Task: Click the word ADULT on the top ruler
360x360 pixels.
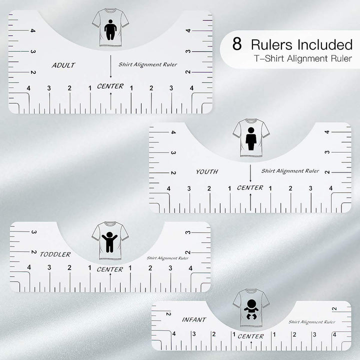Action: pos(63,65)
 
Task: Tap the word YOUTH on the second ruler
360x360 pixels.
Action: pos(206,171)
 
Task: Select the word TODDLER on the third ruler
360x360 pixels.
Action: pos(55,254)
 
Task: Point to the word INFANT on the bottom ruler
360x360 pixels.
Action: pos(194,319)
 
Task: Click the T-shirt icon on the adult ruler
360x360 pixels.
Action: pos(110,30)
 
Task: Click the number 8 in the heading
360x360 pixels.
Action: pos(237,44)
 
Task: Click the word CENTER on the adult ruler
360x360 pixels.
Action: pos(110,86)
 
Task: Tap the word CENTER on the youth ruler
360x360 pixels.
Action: pos(250,187)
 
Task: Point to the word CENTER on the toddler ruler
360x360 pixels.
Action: pos(110,269)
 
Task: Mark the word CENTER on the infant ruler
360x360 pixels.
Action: pos(250,336)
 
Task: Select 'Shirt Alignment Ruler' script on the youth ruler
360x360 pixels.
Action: pos(290,171)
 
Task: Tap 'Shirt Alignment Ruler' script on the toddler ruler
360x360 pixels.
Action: pos(167,258)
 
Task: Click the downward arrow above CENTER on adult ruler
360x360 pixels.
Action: pos(110,66)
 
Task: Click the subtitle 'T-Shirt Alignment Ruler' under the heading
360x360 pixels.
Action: pos(301,59)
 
